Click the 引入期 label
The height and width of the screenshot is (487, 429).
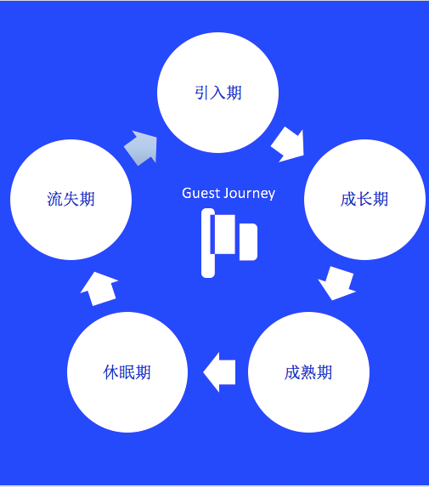click(218, 93)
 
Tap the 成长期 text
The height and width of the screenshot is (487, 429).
click(364, 199)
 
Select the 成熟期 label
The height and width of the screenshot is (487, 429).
click(308, 372)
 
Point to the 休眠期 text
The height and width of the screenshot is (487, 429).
click(127, 372)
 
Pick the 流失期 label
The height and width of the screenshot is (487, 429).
click(71, 199)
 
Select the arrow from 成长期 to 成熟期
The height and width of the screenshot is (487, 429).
click(337, 283)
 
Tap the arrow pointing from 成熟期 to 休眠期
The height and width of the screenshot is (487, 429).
click(219, 372)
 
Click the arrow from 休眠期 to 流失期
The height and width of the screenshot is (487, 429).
click(99, 289)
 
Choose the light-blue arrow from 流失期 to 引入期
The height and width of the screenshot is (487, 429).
click(142, 148)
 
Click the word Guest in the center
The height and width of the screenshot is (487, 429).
click(201, 193)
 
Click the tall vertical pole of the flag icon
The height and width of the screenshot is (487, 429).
click(207, 243)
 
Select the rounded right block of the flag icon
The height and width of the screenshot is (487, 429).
click(248, 242)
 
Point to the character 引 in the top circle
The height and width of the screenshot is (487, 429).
click(202, 93)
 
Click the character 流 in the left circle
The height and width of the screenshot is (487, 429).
click(55, 199)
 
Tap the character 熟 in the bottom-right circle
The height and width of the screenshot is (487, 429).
click(308, 372)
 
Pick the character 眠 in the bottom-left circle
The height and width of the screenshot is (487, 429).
click(127, 372)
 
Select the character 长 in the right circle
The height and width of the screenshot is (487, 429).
click(364, 199)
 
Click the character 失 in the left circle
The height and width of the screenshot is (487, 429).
click(71, 199)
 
